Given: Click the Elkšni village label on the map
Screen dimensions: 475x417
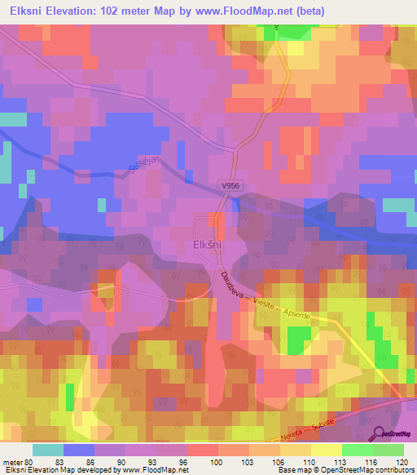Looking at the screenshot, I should click(208, 243).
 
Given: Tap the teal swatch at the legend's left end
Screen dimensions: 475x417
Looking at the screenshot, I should click(48, 450).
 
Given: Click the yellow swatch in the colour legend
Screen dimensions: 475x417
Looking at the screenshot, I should click(327, 450).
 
